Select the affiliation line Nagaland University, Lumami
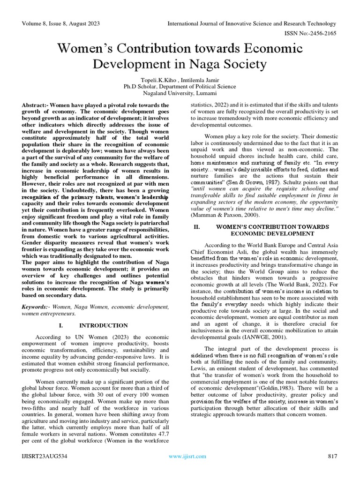(180, 93)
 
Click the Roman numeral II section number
(197, 226)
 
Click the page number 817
(333, 456)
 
